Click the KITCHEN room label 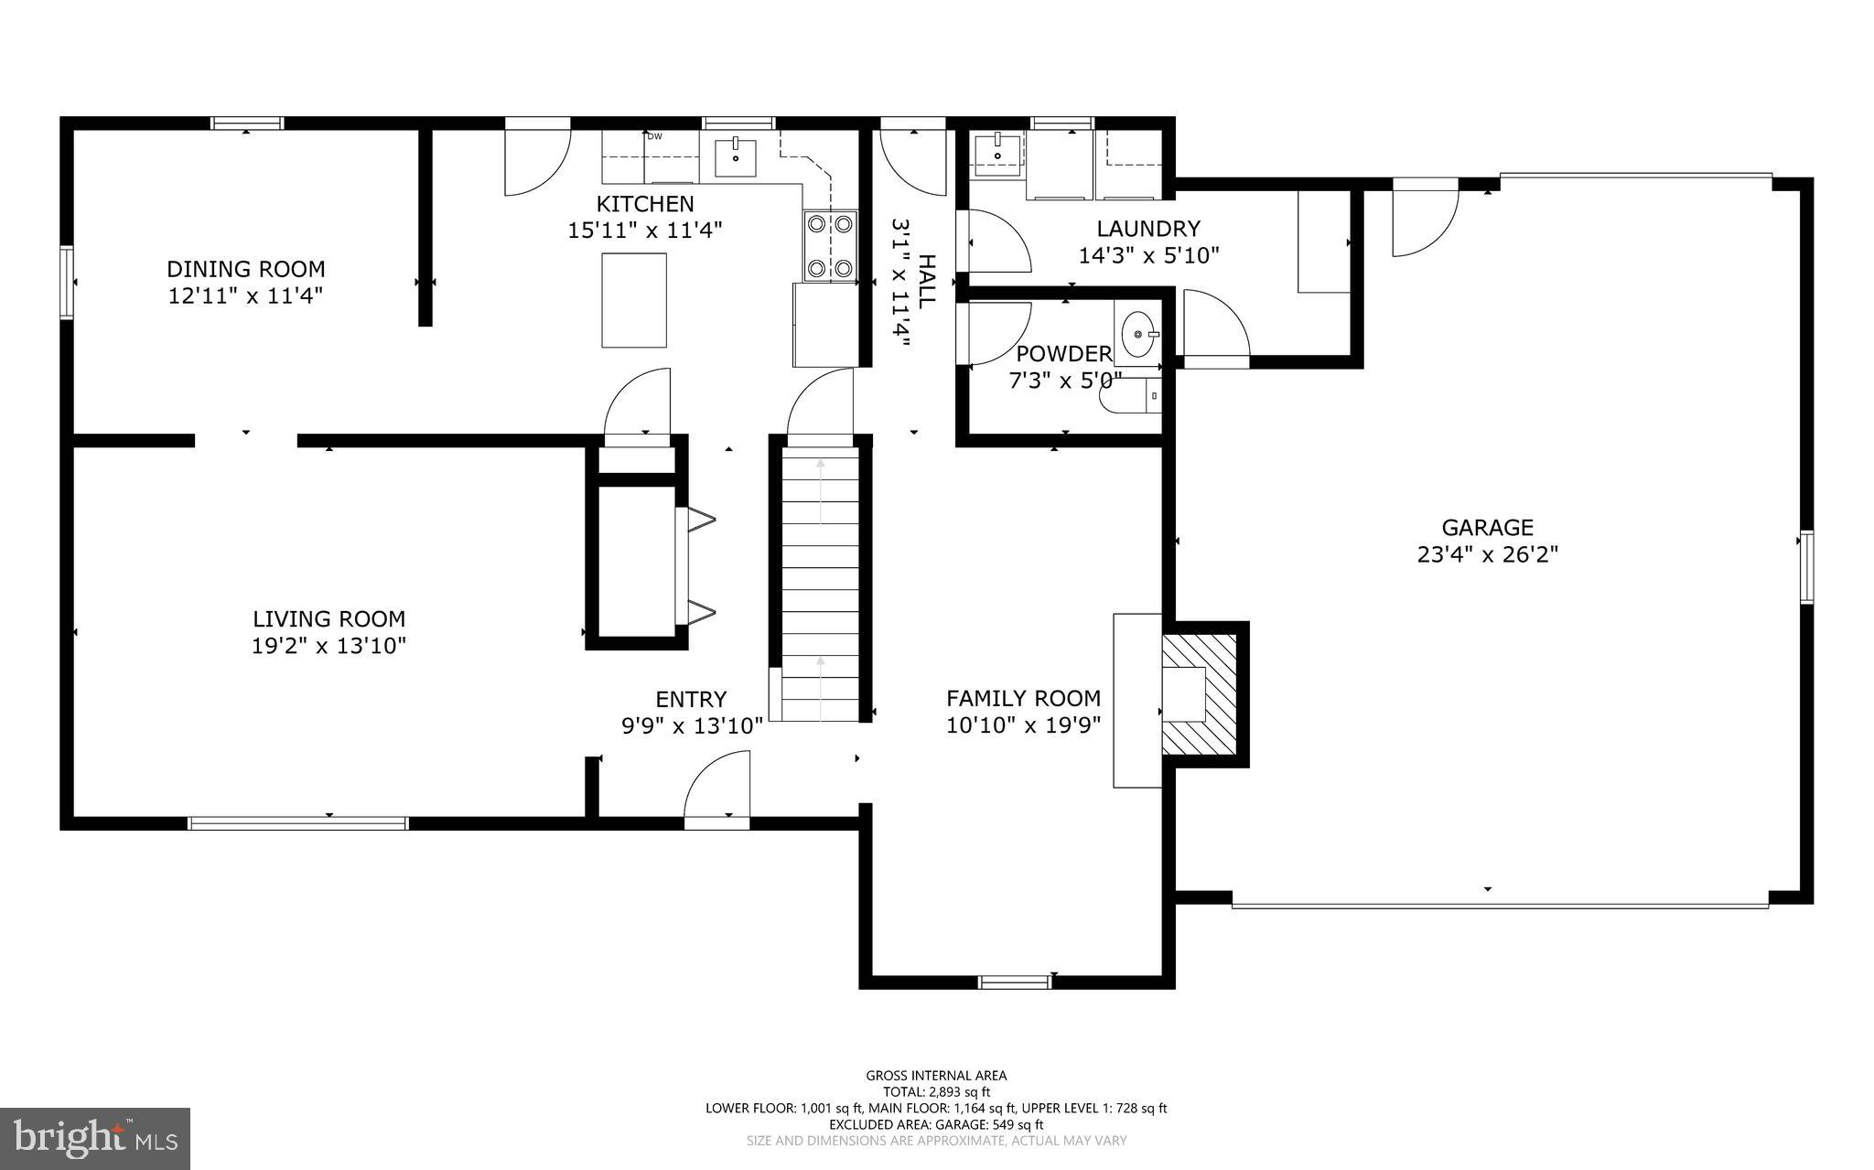click(645, 204)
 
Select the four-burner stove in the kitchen click(830, 245)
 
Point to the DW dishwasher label click(654, 137)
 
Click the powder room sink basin click(1138, 335)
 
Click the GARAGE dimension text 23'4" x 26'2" click(1487, 554)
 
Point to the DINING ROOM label click(245, 269)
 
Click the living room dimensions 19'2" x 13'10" click(328, 646)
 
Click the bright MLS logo click(95, 1138)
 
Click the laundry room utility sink click(996, 155)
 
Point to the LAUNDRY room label click(1148, 229)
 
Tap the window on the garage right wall click(1806, 566)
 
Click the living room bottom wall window click(297, 823)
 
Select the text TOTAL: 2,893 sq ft click(936, 1091)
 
